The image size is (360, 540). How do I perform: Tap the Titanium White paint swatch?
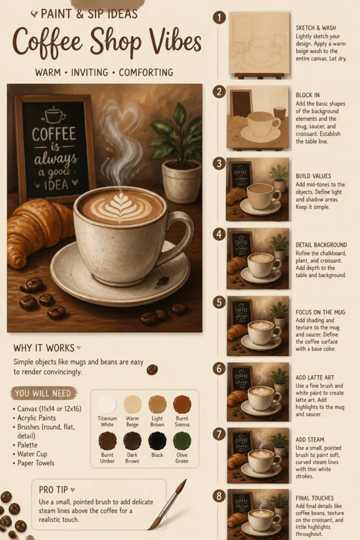[108, 404]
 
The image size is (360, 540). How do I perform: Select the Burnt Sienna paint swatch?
[182, 404]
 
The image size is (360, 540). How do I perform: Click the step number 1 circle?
[219, 17]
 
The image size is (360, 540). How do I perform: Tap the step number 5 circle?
[219, 302]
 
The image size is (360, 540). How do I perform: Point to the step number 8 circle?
[219, 496]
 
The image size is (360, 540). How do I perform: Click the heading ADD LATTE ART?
[315, 378]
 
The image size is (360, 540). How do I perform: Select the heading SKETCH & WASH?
[316, 28]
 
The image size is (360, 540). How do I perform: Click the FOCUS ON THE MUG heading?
[320, 312]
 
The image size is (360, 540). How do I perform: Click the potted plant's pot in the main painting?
[182, 181]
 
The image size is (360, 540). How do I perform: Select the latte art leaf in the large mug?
[121, 207]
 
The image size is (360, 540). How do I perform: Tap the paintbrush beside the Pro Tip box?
[168, 504]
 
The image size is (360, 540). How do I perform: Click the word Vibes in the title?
[175, 42]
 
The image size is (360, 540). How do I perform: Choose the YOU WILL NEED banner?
[44, 393]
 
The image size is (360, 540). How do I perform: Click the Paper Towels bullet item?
[36, 463]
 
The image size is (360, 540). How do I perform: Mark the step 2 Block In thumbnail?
[257, 117]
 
